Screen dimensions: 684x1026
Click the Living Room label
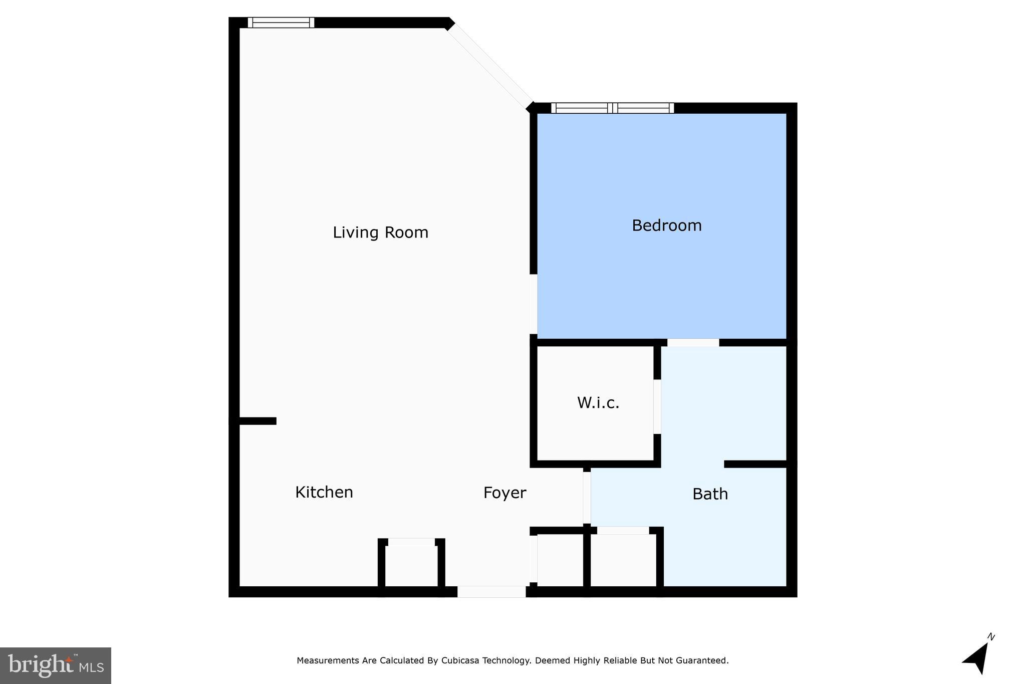pyautogui.click(x=380, y=233)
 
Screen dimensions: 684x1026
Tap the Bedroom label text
pyautogui.click(x=666, y=225)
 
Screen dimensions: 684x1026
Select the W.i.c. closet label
pyautogui.click(x=598, y=403)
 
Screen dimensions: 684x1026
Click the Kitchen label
pyautogui.click(x=324, y=492)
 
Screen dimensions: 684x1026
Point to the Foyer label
pyautogui.click(x=504, y=493)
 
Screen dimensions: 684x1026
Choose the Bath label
pyautogui.click(x=710, y=494)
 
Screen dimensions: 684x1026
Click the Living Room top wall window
pyautogui.click(x=281, y=23)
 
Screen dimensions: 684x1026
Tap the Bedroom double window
pyautogui.click(x=612, y=108)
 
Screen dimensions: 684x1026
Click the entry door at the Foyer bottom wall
pyautogui.click(x=491, y=592)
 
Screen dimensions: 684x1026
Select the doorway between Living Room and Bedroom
pyautogui.click(x=534, y=304)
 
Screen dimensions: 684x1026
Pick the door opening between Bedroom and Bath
pyautogui.click(x=693, y=343)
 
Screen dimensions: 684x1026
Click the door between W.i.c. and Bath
pyautogui.click(x=657, y=406)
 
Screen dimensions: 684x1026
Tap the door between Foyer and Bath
pyautogui.click(x=587, y=498)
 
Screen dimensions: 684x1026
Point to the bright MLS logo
pyautogui.click(x=56, y=665)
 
